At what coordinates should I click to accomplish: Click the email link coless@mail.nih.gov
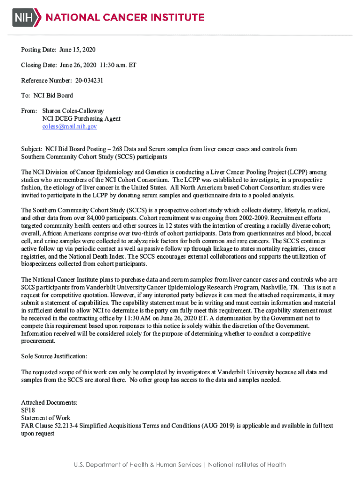tap(70, 126)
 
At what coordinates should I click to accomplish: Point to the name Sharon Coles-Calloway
tap(73, 111)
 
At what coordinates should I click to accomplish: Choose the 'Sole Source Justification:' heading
tap(54, 356)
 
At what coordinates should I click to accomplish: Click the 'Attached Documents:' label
tap(49, 403)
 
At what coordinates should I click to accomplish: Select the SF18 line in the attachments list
tap(29, 410)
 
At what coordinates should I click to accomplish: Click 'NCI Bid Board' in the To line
tap(53, 96)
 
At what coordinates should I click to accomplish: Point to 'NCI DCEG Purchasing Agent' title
tap(81, 119)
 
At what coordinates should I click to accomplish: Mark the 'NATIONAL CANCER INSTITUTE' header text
tap(124, 17)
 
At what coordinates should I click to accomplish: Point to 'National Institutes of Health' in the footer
tap(247, 464)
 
